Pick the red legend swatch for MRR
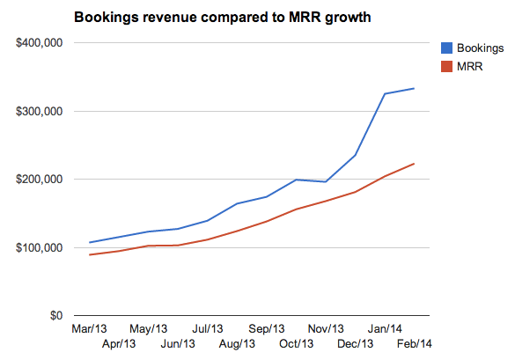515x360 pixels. coord(445,65)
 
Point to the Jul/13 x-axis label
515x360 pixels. coord(208,329)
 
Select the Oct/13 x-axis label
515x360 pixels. coord(296,342)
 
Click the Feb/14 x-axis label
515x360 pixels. coord(412,342)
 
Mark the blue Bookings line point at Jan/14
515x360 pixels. coord(385,93)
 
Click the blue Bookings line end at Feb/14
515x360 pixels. coord(414,88)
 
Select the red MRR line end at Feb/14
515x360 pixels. coord(414,164)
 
